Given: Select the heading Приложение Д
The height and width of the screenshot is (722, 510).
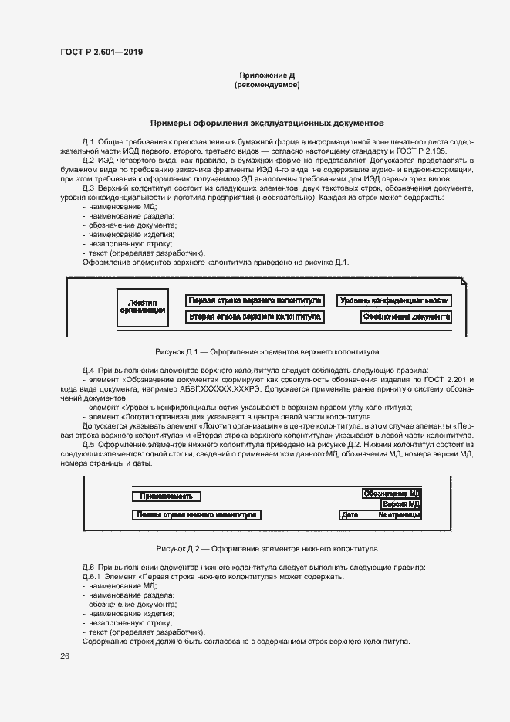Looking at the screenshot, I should click(267, 76).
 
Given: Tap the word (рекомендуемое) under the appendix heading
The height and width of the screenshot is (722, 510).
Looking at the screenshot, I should click(267, 84).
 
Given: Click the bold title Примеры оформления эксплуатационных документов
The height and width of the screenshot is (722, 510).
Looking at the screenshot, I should click(267, 123).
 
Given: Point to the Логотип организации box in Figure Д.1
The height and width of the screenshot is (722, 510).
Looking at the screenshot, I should click(143, 307).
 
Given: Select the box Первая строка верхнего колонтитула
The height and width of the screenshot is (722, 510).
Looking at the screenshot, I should click(255, 300).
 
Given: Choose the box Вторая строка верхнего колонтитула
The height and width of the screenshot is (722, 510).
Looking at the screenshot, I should click(255, 317).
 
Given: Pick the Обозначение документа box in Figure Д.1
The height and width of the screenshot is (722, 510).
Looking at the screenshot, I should click(406, 317).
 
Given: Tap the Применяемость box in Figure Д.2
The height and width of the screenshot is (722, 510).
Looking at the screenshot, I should click(167, 497).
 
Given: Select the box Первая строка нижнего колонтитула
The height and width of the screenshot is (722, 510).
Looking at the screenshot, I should click(197, 514).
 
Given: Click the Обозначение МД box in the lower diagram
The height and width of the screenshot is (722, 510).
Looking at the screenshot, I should click(391, 493).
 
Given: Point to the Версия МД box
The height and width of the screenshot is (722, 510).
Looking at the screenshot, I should click(400, 503).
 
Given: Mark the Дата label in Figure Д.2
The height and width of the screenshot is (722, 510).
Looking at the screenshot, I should click(350, 514).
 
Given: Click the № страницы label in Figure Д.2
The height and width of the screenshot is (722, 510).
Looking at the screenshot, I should click(399, 514).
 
